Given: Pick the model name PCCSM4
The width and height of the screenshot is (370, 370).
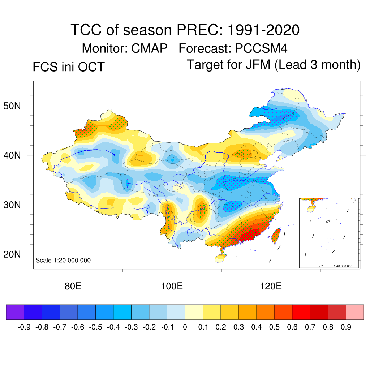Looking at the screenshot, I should pyautogui.click(x=261, y=48).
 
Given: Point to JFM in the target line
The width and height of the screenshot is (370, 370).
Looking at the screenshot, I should pyautogui.click(x=258, y=65).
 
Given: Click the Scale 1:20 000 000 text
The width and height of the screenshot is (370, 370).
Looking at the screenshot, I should pyautogui.click(x=63, y=260).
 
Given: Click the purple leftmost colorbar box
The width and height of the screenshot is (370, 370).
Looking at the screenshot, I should pyautogui.click(x=15, y=312).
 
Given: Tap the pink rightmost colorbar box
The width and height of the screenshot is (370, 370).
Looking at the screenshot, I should pyautogui.click(x=355, y=312).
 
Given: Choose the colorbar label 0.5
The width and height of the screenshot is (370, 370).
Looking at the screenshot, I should pyautogui.click(x=274, y=327).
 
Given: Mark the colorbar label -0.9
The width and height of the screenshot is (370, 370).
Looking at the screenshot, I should pyautogui.click(x=23, y=327).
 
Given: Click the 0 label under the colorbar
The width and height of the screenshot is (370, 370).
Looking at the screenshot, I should pyautogui.click(x=185, y=327).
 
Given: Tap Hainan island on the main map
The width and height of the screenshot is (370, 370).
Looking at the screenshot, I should pyautogui.click(x=220, y=258).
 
